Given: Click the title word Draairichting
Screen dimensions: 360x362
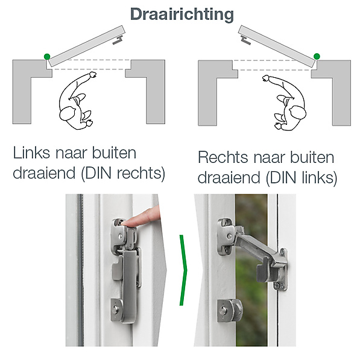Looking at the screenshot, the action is point(182,15).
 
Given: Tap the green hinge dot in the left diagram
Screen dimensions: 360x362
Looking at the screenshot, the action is point(47,57).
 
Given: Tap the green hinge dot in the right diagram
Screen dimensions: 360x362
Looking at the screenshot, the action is point(317,56).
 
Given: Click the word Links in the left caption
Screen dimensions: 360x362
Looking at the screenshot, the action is point(31,153).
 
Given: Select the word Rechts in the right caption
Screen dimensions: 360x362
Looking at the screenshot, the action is point(223,157).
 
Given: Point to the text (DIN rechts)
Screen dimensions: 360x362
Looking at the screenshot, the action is point(123,173).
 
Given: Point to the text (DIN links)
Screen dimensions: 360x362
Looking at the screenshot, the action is point(302,178).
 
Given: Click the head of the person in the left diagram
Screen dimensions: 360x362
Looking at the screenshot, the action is point(67,113).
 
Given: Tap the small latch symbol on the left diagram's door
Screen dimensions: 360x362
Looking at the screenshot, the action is point(118,40).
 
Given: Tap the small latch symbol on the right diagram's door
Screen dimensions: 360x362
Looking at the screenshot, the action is point(245,40).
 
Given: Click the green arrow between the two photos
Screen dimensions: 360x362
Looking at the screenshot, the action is point(183,270).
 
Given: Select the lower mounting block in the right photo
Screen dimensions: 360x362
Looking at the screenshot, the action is point(229,311).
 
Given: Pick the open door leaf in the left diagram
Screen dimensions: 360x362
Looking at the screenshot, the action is point(87,46).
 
